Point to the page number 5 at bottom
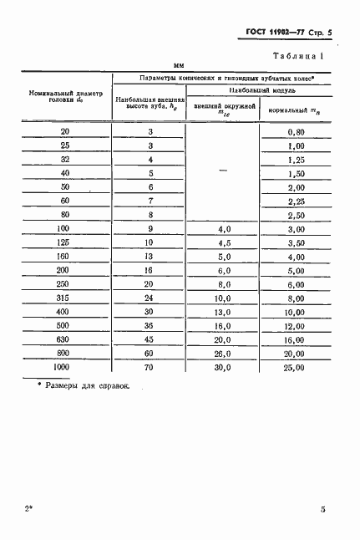pos(322,508)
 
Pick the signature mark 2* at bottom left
pos(30,508)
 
